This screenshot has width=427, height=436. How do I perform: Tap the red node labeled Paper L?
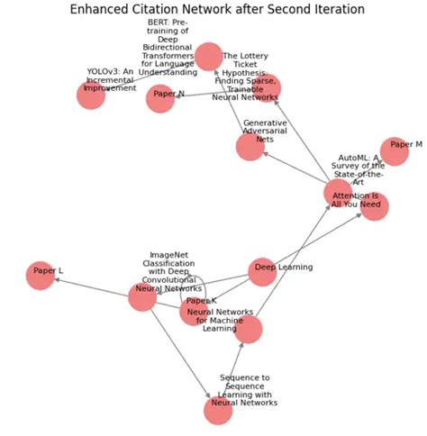[x=41, y=275]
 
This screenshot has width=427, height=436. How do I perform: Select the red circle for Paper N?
[x=160, y=99]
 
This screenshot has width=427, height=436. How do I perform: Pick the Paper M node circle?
[x=394, y=151]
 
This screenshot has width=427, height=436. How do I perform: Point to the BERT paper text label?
[x=168, y=47]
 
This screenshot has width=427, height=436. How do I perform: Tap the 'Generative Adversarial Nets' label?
[x=264, y=130]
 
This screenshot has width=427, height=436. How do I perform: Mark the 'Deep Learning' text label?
[x=284, y=267]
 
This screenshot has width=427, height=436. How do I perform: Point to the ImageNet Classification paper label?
[x=170, y=270]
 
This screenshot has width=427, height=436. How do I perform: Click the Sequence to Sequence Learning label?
[x=244, y=390]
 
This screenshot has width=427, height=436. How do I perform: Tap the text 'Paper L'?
[x=48, y=270]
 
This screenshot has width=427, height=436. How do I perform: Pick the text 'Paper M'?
[x=406, y=144]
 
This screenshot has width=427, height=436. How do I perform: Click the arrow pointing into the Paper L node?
[x=58, y=280]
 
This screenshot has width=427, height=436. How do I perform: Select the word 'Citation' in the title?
[x=180, y=10]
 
